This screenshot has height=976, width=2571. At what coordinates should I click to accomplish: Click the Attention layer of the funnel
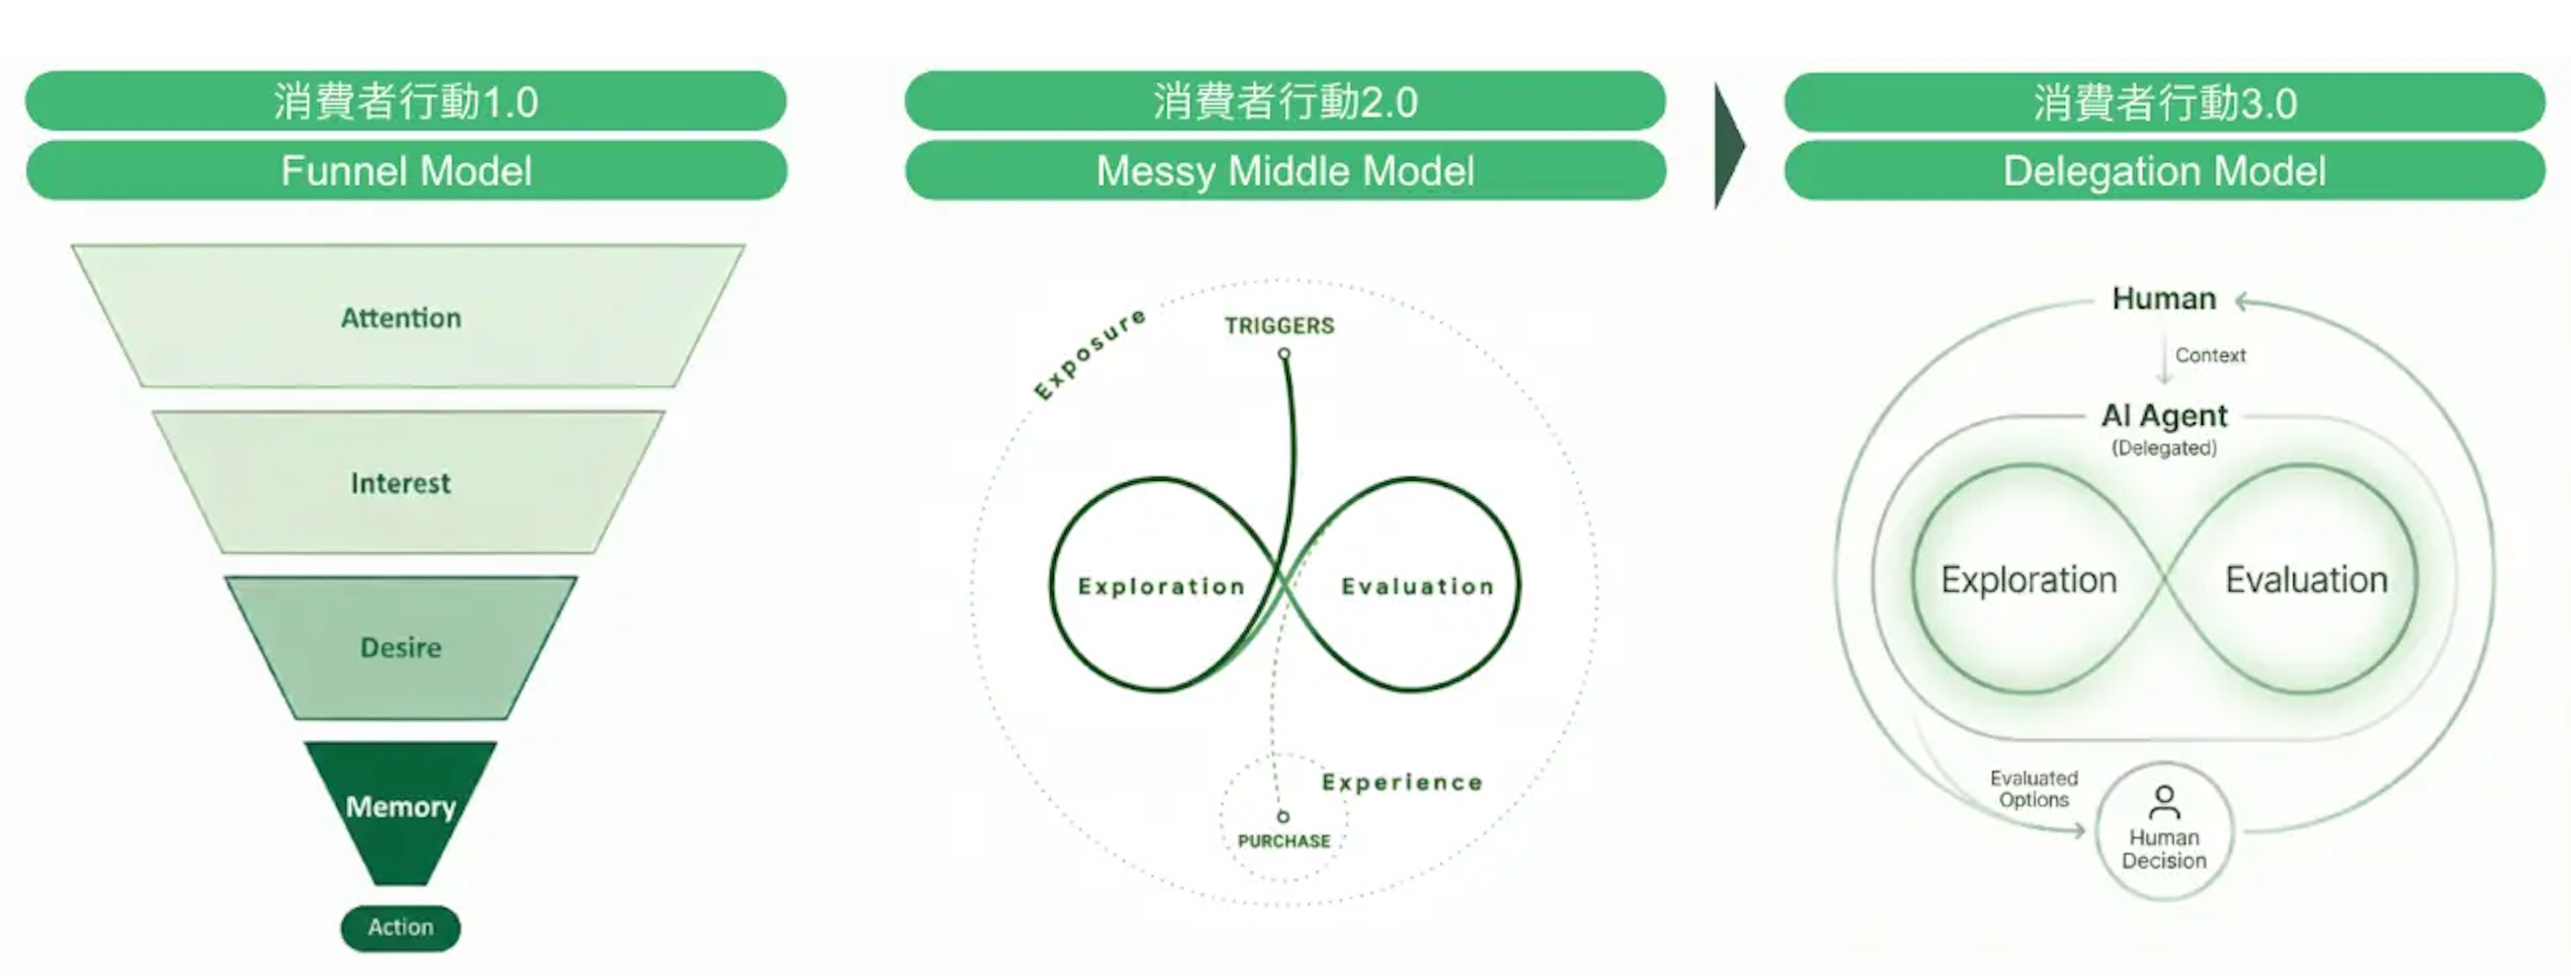point(401,317)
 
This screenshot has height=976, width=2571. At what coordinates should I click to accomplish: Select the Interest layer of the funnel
point(401,483)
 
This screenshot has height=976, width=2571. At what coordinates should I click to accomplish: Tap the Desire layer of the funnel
point(401,648)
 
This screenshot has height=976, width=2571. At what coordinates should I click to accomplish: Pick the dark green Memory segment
point(401,806)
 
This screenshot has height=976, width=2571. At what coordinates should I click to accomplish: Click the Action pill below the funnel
point(401,927)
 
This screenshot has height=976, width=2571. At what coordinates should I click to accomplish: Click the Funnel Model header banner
point(406,171)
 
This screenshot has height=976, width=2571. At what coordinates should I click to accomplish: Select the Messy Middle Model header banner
point(1285,171)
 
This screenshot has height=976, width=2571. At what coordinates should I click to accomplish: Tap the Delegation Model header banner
point(2165,171)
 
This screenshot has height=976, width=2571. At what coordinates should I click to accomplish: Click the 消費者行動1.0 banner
point(406,102)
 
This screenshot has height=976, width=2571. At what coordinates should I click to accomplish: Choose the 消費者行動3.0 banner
point(2165,103)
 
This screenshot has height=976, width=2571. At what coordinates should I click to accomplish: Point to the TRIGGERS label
point(1280,325)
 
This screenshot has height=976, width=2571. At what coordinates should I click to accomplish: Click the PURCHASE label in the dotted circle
point(1284,842)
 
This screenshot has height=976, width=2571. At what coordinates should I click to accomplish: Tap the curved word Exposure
point(1089,354)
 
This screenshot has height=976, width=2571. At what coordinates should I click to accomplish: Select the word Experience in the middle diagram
point(1402,782)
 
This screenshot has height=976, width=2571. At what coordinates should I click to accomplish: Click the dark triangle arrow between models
point(1728,145)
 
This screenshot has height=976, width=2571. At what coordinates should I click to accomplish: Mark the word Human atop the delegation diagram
point(2164,298)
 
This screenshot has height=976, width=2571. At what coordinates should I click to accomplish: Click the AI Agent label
point(2164,415)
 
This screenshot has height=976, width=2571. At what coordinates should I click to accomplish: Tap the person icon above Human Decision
point(2164,801)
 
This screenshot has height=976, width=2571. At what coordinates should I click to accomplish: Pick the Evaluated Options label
point(2034,788)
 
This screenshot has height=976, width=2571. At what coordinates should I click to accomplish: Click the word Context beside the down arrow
point(2209,356)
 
